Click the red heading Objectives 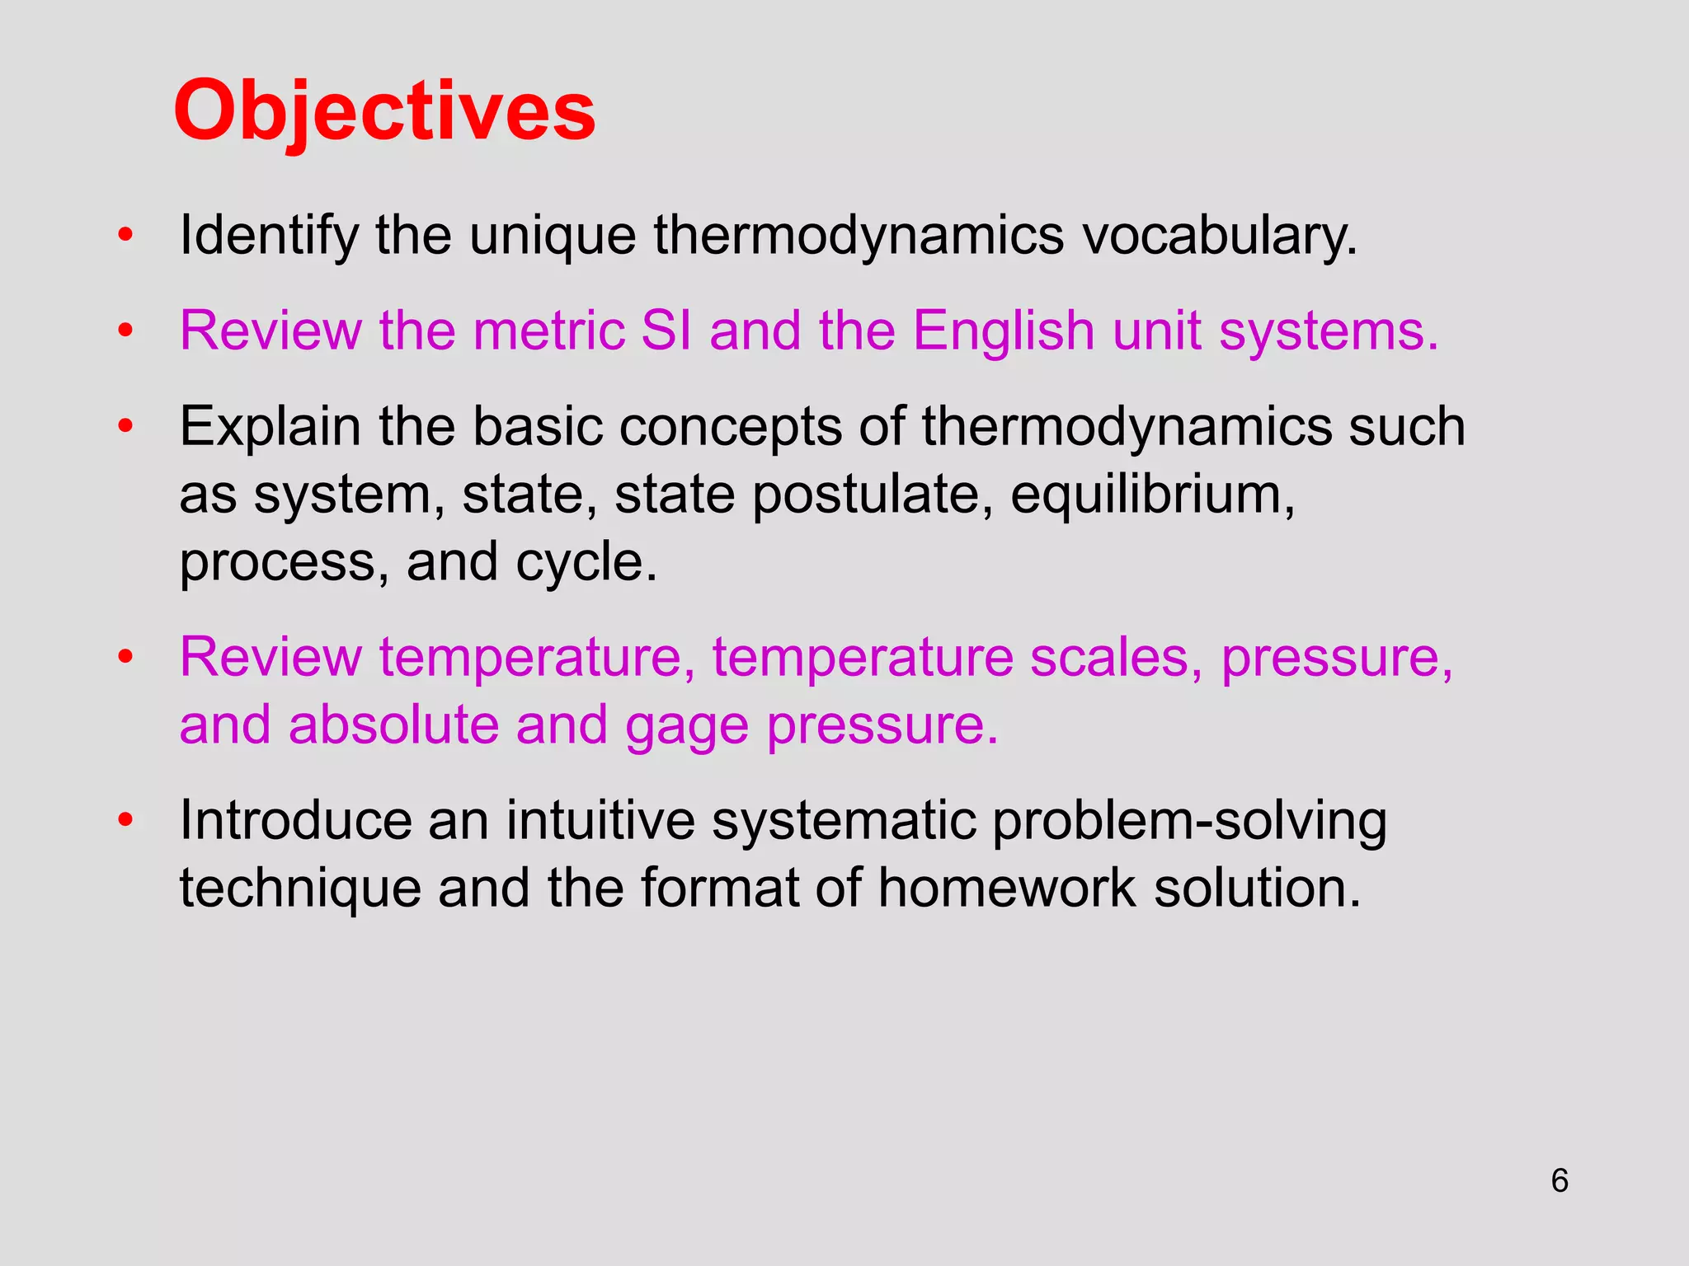[384, 111]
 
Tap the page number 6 [1559, 1181]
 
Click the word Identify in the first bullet [268, 236]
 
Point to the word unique [552, 236]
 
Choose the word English [1003, 331]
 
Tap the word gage [685, 725]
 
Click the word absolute [393, 725]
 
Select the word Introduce [294, 821]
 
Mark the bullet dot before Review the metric [125, 331]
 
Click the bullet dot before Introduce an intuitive [125, 820]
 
